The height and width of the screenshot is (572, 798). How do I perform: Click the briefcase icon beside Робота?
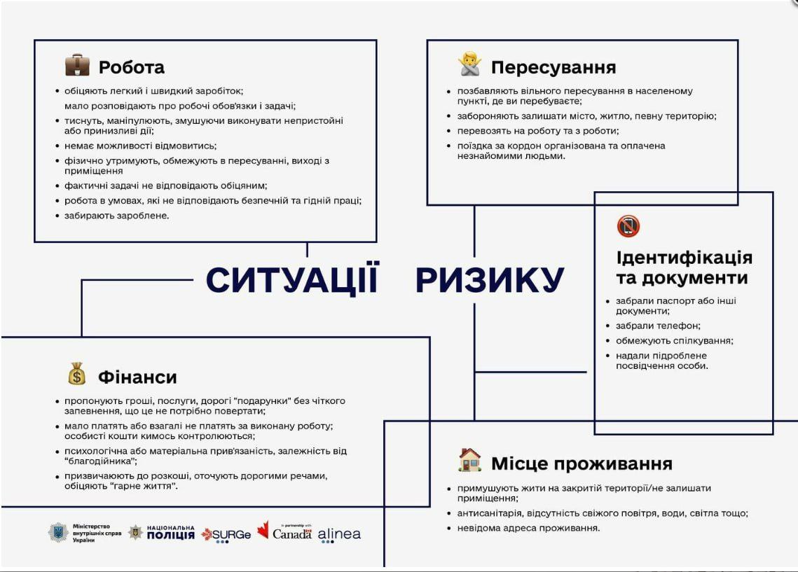click(x=77, y=65)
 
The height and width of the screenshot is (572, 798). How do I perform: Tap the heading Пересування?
click(x=553, y=67)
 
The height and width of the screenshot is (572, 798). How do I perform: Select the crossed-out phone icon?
click(x=628, y=225)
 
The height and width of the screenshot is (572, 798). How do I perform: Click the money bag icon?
click(x=77, y=374)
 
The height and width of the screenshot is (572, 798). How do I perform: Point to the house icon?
click(x=469, y=460)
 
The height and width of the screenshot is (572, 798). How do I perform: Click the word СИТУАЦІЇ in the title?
click(x=292, y=279)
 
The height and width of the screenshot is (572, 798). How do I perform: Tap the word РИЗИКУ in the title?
click(x=490, y=279)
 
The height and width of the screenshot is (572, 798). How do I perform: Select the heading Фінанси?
click(x=137, y=377)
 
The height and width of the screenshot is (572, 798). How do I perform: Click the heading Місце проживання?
click(x=582, y=463)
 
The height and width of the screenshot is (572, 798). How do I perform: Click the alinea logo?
click(x=339, y=534)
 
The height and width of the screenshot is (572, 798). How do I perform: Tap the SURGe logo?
click(x=226, y=535)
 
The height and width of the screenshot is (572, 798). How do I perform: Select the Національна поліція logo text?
click(x=170, y=532)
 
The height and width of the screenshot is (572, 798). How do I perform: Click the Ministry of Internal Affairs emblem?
click(x=58, y=533)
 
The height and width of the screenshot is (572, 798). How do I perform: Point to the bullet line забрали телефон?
click(x=658, y=326)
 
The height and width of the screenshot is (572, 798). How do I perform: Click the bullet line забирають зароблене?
click(x=116, y=216)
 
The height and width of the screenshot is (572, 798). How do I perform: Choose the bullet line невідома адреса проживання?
click(x=528, y=528)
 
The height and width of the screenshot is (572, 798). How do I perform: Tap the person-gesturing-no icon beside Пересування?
click(x=469, y=64)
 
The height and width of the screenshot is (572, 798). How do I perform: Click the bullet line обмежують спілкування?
click(x=674, y=341)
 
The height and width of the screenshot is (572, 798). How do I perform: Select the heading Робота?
click(x=131, y=67)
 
